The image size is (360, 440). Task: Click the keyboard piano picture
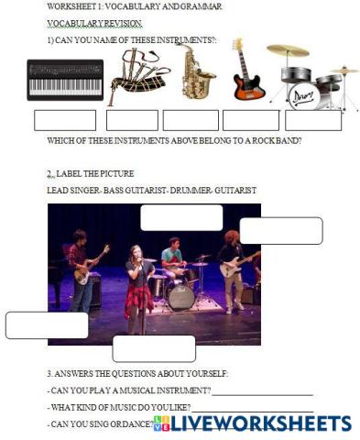point(65,79)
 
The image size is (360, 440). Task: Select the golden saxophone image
point(196,71)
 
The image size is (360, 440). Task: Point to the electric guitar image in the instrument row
point(246,71)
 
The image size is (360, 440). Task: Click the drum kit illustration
point(307,78)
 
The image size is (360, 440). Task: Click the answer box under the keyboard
point(65,120)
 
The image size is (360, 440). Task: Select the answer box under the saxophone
point(191,120)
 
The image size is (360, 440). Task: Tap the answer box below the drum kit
point(313,120)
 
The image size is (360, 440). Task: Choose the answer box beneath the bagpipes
point(132,120)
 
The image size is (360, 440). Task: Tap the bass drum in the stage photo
point(180,294)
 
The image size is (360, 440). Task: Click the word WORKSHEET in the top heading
point(69,7)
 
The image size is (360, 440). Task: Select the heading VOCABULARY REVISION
point(82,23)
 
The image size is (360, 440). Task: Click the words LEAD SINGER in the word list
point(71,190)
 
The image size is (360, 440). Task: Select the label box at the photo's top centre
point(181,218)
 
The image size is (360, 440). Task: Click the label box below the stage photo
point(154,348)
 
